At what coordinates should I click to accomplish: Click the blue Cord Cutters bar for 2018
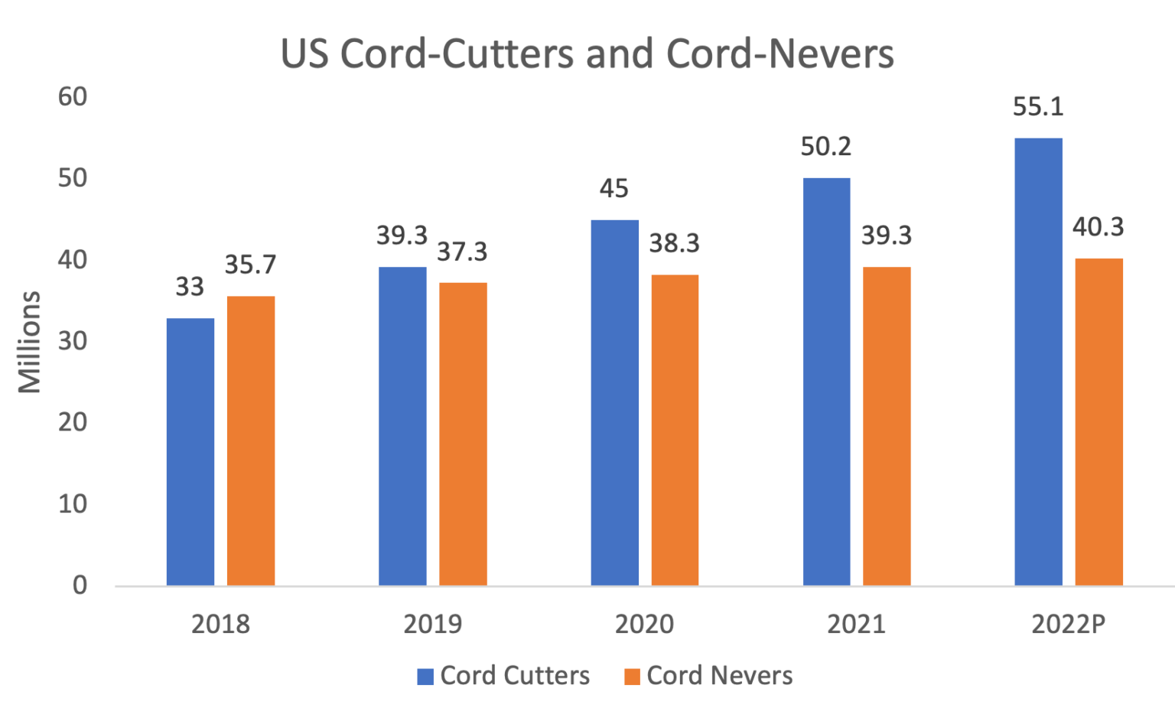point(190,451)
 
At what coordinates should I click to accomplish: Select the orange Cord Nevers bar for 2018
point(251,440)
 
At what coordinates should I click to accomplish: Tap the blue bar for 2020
point(615,402)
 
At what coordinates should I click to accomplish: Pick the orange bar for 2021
point(887,426)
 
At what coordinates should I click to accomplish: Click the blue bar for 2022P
point(1039,362)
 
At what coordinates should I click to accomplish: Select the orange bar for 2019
point(464,434)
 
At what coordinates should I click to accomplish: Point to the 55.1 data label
point(1038,107)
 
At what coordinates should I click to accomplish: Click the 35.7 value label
point(250,266)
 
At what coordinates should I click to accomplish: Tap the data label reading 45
point(614,188)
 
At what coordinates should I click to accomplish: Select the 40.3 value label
point(1099,228)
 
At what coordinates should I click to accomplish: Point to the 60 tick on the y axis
point(73,97)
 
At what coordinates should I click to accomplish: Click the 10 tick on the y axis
point(73,505)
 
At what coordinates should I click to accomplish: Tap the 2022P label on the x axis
point(1069,625)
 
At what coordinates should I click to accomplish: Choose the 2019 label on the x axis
point(433,625)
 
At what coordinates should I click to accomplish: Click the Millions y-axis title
point(30,342)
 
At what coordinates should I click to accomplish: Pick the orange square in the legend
point(632,676)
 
